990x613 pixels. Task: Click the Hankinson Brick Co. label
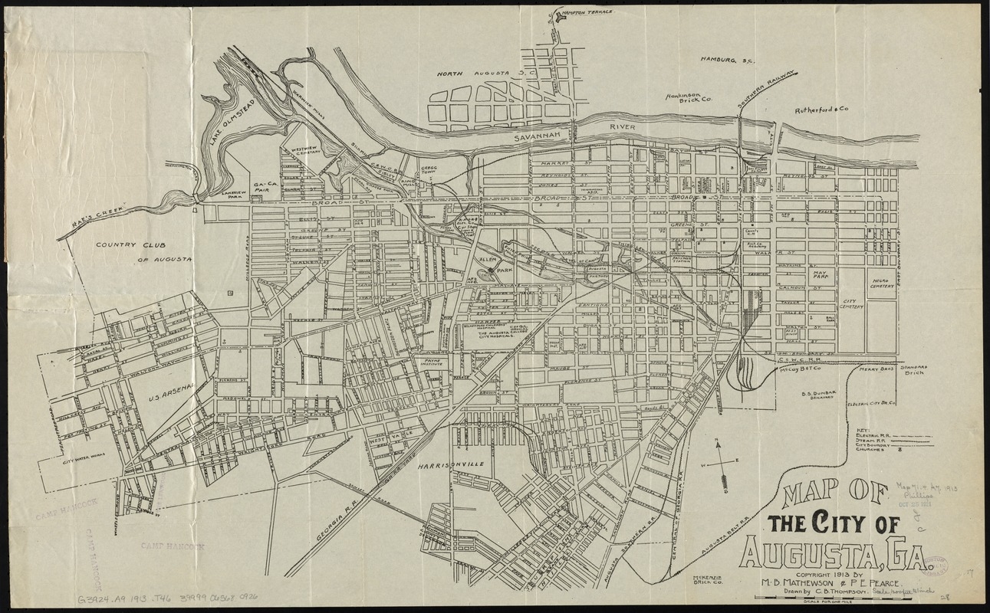coord(689,99)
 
